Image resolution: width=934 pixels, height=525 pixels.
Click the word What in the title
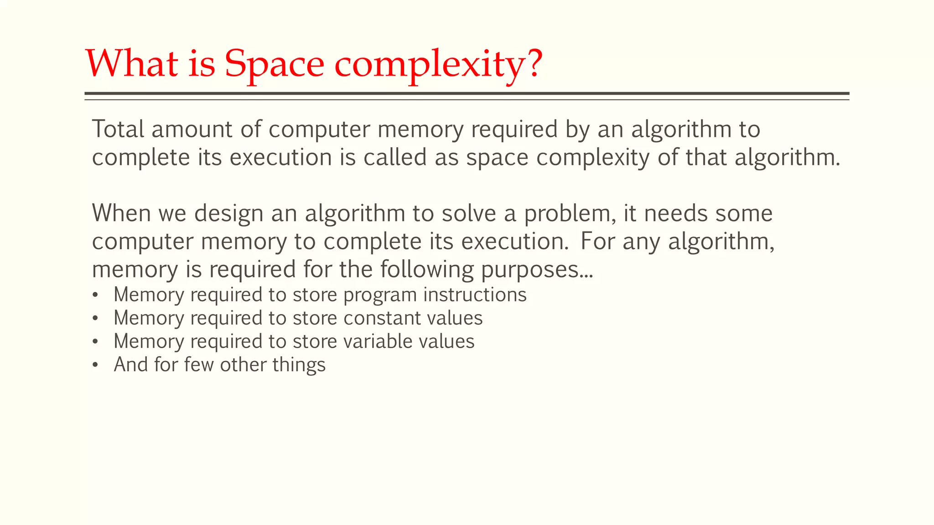pyautogui.click(x=132, y=63)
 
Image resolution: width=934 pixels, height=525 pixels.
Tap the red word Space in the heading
pyautogui.click(x=274, y=64)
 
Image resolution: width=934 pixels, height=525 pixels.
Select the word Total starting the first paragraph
pyautogui.click(x=118, y=129)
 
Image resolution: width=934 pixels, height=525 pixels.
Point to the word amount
pyautogui.click(x=192, y=129)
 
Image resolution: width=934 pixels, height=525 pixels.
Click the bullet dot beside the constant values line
pyautogui.click(x=95, y=318)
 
